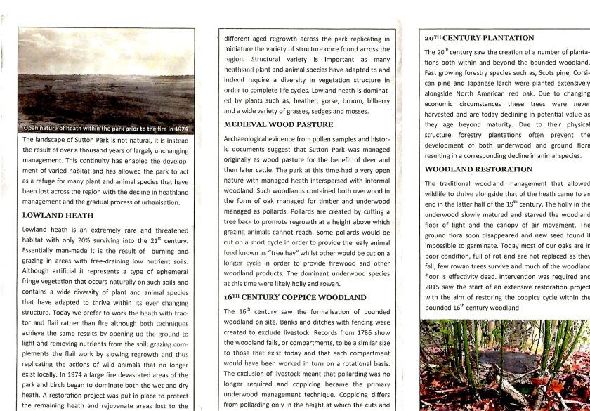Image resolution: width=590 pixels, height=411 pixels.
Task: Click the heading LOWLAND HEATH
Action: [58, 215]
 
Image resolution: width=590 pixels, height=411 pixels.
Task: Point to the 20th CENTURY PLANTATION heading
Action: [479, 37]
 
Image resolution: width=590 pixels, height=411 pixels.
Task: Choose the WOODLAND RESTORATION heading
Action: [478, 169]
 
